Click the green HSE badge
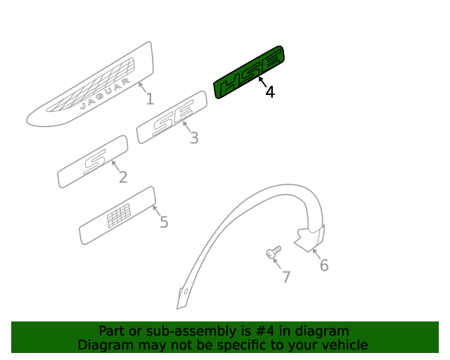tap(249, 72)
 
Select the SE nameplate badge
tap(172, 117)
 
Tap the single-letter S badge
tap(93, 162)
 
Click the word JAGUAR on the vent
tap(105, 94)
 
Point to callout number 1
tap(150, 99)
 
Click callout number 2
tap(123, 177)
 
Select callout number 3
tap(194, 138)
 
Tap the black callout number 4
tap(270, 92)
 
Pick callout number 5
tap(164, 222)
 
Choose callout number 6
tap(324, 265)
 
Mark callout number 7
tap(286, 277)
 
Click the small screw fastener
tap(274, 252)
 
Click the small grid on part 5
tap(119, 216)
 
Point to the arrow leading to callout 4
tap(262, 82)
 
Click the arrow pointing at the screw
tap(277, 264)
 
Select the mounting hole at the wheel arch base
tap(186, 292)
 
